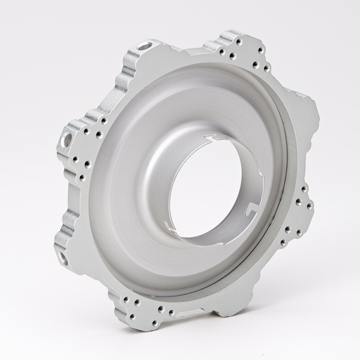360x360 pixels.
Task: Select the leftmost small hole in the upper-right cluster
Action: coord(221,53)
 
